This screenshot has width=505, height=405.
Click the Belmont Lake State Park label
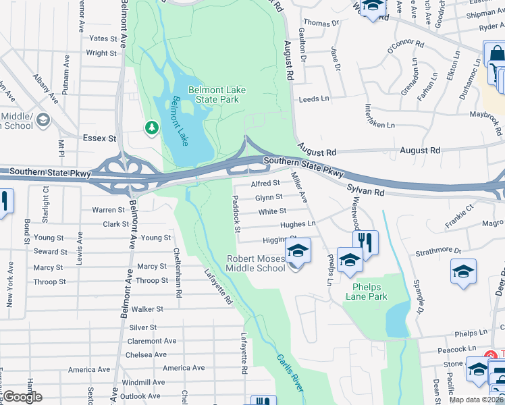point(217,94)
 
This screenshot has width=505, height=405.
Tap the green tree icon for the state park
point(152,127)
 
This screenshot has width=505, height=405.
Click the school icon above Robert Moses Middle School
point(298,251)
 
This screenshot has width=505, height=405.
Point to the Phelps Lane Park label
point(367,291)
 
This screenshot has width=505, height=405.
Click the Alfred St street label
point(265,183)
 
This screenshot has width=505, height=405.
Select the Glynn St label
point(268,197)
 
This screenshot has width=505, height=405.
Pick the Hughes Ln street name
point(298,223)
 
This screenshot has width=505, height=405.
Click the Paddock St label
point(236,215)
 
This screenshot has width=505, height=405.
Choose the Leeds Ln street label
point(314,99)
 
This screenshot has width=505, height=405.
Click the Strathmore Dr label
point(438,251)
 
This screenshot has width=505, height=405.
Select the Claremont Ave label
point(151,341)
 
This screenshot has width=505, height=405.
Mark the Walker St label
point(147,308)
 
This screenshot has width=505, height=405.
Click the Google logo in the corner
point(22,397)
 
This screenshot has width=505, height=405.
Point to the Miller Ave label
point(299,188)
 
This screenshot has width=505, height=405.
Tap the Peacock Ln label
point(452,349)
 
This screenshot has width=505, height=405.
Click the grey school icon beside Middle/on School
point(44,120)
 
